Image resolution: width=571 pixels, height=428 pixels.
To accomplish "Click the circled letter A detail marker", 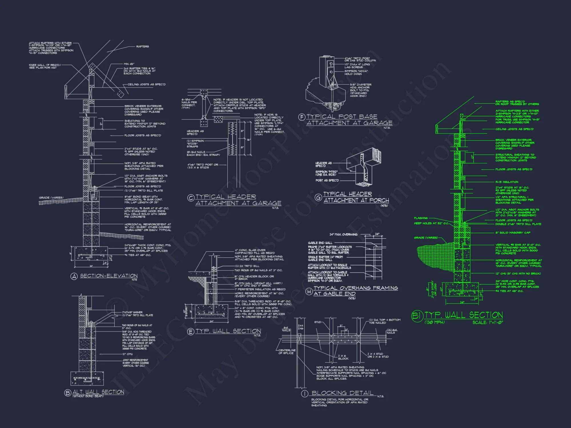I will pos(74,276).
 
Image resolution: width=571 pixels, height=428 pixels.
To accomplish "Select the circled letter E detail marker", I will pos(191,331).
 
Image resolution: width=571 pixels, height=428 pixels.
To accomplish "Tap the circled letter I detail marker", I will pos(305,394).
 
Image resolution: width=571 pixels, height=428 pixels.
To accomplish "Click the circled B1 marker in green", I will pos(417,316).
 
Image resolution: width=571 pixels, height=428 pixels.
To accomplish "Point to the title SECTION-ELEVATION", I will pos(109,276).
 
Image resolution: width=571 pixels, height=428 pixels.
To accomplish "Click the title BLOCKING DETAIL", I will pos(342,393).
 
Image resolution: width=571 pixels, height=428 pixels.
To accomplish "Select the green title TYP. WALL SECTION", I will pos(464,315).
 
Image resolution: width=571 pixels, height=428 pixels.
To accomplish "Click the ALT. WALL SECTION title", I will pos(98,392).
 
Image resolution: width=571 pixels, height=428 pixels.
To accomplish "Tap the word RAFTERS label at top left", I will pos(142,47).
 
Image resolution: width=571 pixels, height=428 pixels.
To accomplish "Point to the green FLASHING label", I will pos(421,218).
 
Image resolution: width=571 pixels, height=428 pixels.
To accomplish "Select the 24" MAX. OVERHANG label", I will pos(343,235).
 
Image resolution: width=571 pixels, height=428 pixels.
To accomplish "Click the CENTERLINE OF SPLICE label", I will pos(287,352).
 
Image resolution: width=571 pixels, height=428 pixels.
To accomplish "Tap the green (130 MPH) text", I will pos(435,322).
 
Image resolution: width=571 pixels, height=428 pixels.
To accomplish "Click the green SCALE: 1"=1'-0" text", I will pos(488,322).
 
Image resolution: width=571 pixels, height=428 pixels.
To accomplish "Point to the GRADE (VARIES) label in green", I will pos(426,238).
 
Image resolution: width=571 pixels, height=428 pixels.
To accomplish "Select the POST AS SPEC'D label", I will pos(327,180).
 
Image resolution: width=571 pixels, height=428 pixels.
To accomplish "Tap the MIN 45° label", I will pos(129,64).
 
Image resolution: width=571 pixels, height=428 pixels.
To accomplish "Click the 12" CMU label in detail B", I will pos(127,354).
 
